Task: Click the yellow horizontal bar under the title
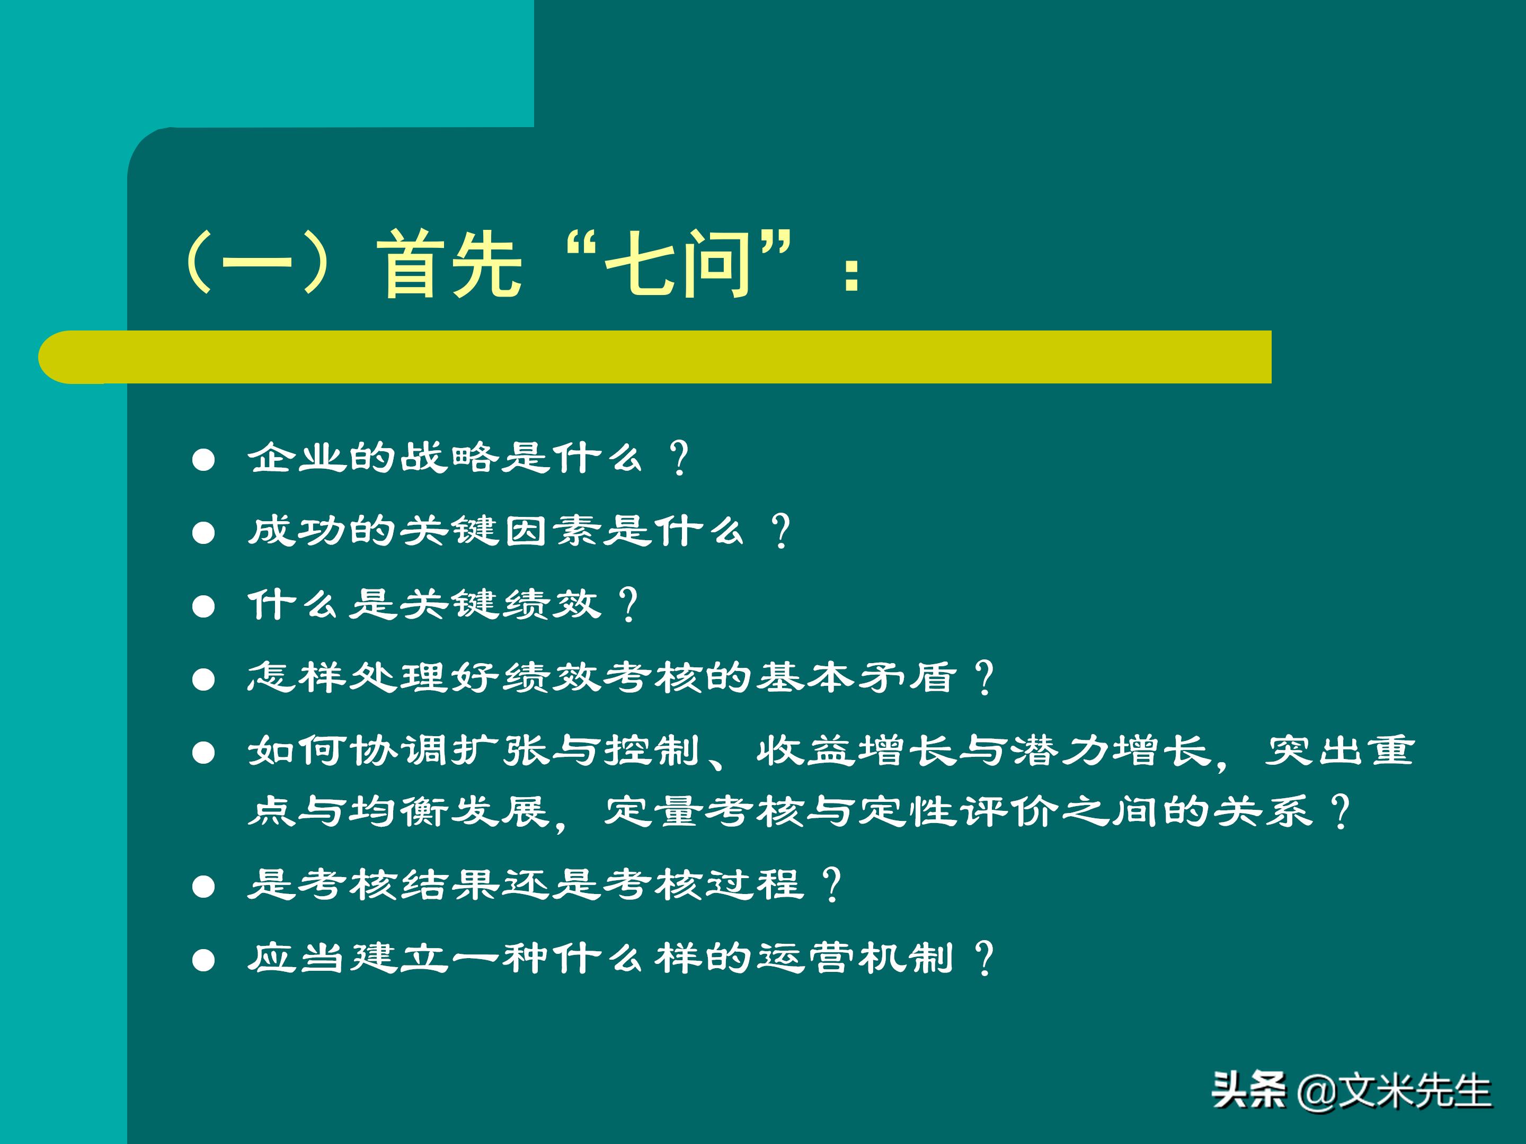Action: pyautogui.click(x=655, y=356)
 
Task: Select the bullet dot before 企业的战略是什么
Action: pyautogui.click(x=203, y=460)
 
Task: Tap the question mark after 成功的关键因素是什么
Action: pyautogui.click(x=781, y=531)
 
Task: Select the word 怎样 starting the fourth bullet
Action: pyautogui.click(x=297, y=677)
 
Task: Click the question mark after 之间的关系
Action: pyautogui.click(x=1341, y=811)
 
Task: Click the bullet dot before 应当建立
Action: pyautogui.click(x=203, y=960)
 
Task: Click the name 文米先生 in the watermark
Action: pyautogui.click(x=1414, y=1092)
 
